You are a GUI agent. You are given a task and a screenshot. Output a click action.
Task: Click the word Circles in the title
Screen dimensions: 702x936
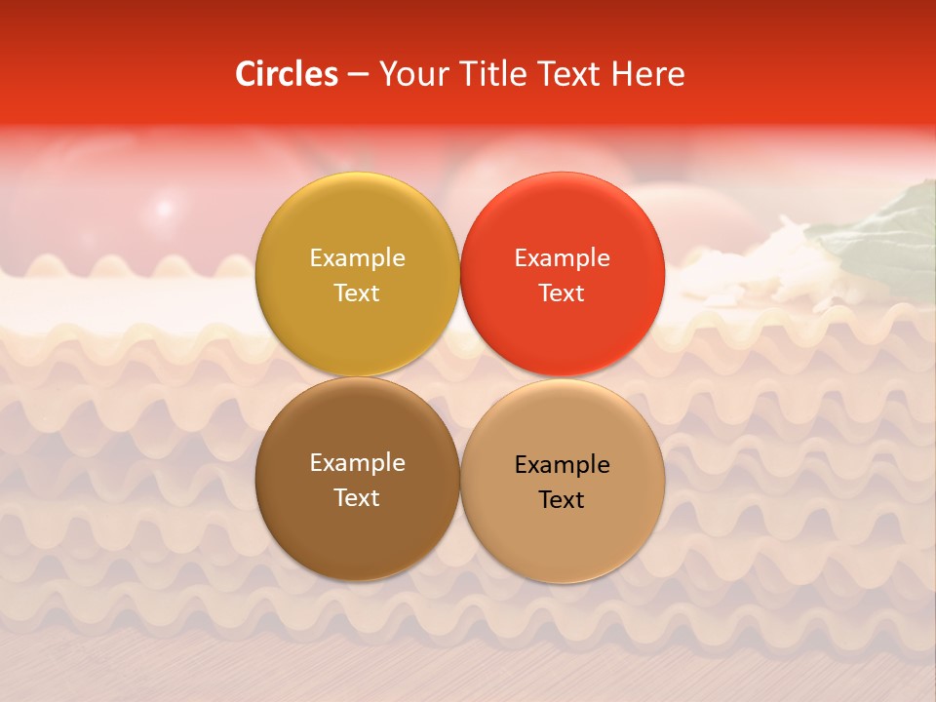coord(286,74)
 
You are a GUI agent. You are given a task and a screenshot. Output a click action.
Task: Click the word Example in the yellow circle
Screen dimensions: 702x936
coord(357,257)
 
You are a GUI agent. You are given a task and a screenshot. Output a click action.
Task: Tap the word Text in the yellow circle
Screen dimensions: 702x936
coord(357,292)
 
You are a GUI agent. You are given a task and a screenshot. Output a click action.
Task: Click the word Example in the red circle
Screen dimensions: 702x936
coord(562,257)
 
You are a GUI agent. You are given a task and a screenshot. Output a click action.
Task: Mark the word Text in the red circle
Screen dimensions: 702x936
coord(562,292)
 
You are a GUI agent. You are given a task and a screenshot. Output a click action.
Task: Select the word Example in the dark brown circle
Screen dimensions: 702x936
coord(357,462)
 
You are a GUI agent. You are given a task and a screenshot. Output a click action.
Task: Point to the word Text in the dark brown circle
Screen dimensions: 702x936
coord(357,497)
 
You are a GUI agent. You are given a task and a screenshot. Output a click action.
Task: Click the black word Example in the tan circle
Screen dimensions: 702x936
coord(562,464)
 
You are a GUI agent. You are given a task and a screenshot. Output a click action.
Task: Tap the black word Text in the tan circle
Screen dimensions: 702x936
coord(562,499)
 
